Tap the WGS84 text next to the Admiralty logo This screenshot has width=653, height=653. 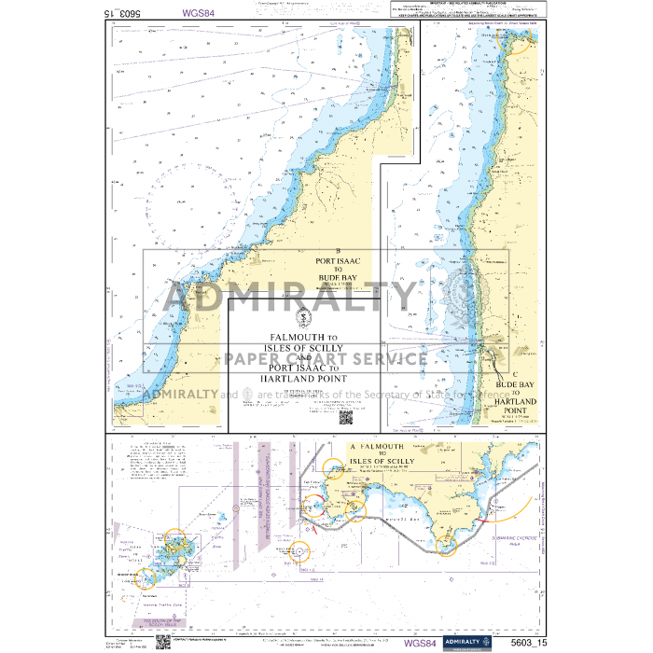(x=419, y=643)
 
